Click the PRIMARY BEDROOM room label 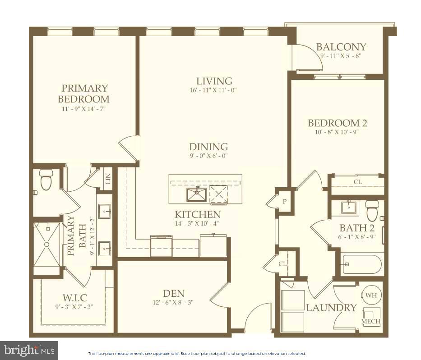coord(85,93)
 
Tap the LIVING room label coord(212,81)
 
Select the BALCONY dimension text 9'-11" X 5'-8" coord(341,56)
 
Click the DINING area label coord(208,147)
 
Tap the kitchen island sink coord(196,195)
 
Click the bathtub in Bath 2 coord(362,264)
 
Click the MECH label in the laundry coord(371,322)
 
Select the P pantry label coord(285,201)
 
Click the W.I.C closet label coord(75,298)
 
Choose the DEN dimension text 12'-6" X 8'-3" coord(174,303)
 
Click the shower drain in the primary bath coord(46,244)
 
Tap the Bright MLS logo coord(29,350)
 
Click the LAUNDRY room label coord(331,308)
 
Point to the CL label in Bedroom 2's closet coord(357,182)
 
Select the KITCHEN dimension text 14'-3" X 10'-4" coord(198,223)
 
